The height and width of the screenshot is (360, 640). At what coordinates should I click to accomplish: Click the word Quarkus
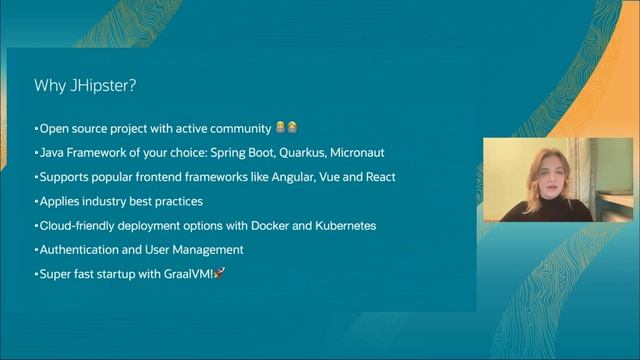point(308,153)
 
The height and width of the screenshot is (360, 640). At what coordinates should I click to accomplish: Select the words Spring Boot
point(249,153)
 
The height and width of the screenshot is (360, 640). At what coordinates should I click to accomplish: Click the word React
point(378,177)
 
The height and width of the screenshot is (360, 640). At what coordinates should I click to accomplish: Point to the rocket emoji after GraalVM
point(219,274)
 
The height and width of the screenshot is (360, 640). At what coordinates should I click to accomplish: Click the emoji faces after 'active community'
point(286,128)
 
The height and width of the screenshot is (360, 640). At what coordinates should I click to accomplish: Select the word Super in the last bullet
point(56,274)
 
